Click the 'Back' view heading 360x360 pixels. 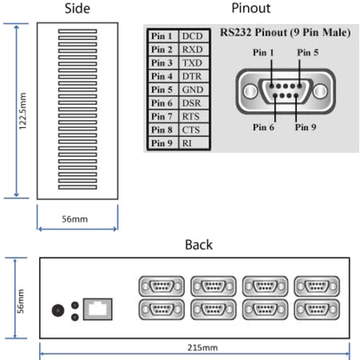198,245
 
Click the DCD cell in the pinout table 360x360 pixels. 193,36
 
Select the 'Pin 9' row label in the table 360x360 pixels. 160,144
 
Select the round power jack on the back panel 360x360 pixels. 57,309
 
